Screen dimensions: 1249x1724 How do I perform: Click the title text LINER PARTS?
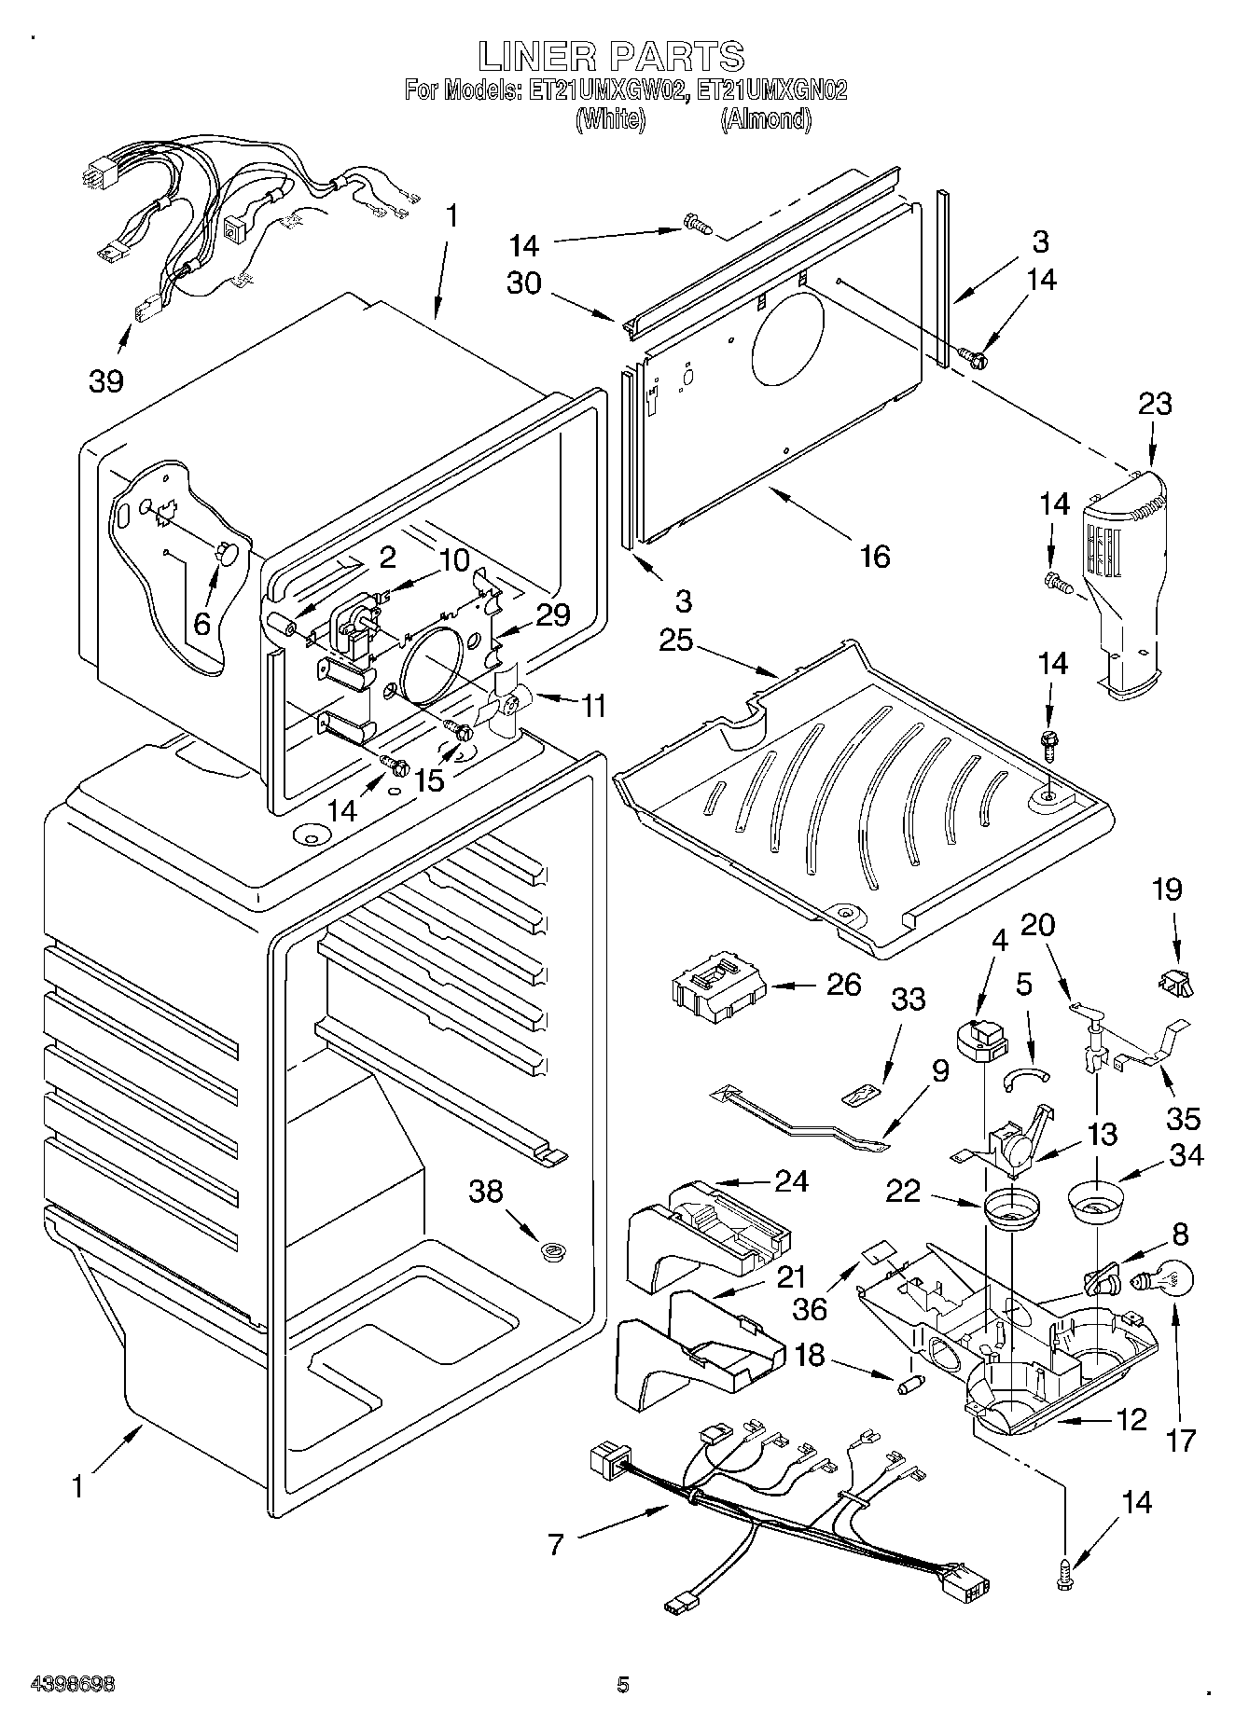611,57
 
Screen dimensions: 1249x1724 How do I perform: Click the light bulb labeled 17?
1153,1282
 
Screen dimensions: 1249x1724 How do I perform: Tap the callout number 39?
106,380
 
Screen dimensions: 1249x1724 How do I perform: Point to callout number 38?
486,1192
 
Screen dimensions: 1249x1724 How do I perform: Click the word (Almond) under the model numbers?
765,120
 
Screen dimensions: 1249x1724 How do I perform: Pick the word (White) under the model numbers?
611,120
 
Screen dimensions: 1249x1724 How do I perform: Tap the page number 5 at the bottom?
623,1685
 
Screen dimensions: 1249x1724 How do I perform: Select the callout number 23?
1155,405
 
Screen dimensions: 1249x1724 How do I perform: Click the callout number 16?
874,557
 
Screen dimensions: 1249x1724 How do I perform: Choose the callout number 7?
556,1545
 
